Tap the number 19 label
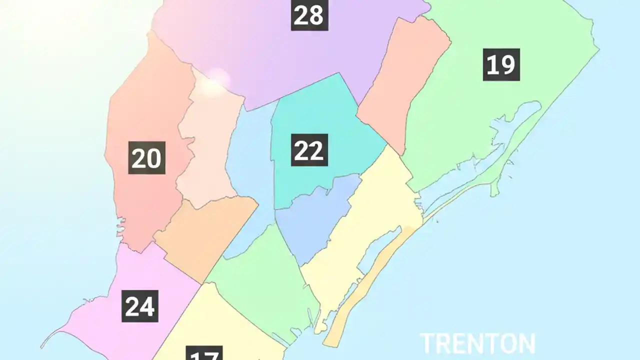(501, 64)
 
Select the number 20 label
(146, 158)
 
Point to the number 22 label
(309, 150)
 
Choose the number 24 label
(140, 306)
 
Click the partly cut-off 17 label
(204, 354)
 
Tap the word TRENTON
(477, 344)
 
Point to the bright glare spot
(216, 80)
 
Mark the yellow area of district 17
(235, 325)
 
